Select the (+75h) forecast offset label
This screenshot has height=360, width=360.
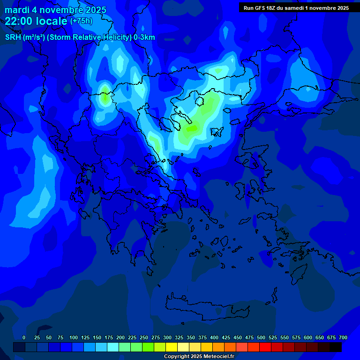click(81, 21)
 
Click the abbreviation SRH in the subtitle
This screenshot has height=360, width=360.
click(13, 37)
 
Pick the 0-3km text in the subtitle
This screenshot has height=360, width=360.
click(144, 37)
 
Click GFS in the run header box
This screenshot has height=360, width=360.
click(261, 7)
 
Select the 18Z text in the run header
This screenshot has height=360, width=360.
click(271, 7)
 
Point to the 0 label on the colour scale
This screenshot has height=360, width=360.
click(24, 337)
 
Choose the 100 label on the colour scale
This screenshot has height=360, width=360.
click(74, 337)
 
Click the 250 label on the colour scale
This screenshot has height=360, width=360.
click(144, 337)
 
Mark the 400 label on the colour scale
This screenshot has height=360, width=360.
click(214, 337)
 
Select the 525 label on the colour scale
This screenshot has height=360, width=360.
click(273, 337)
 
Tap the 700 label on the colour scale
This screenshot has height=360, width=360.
click(343, 337)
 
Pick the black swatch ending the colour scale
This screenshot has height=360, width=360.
click(336, 347)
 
